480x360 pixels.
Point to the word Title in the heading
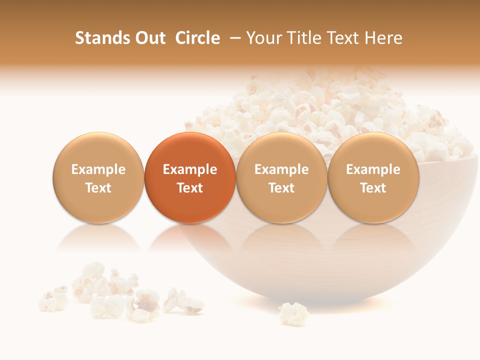303,38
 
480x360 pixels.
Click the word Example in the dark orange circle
190,169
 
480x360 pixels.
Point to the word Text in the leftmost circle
98,188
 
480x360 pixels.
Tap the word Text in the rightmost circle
373,188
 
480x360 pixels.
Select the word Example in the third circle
281,169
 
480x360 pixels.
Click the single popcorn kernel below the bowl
293,313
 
